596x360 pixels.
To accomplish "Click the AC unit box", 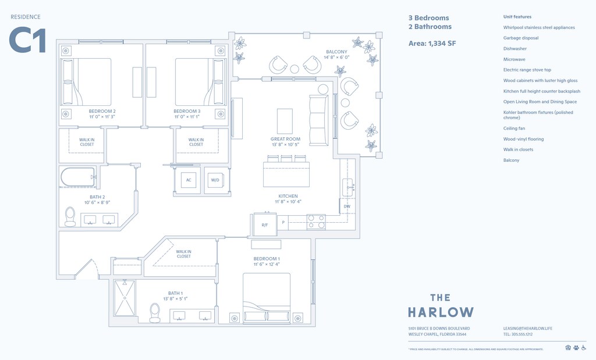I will (x=189, y=180).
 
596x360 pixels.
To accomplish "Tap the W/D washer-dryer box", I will (x=215, y=180).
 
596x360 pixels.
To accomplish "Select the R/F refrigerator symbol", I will (x=264, y=224).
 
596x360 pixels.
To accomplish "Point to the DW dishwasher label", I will (x=347, y=206).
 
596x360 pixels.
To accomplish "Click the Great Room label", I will (x=285, y=139).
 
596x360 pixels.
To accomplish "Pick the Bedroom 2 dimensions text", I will (x=102, y=117).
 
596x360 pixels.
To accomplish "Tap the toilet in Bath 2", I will (x=70, y=216).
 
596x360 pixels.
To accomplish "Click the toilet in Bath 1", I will (x=155, y=312).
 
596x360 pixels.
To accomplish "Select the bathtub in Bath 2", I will (x=77, y=177).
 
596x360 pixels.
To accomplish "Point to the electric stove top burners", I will (x=317, y=222).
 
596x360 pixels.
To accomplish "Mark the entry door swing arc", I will (x=88, y=269).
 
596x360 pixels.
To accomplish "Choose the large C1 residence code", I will (x=27, y=41).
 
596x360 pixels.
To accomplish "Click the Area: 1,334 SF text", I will (x=432, y=43).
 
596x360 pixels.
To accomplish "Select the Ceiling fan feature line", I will (x=514, y=129).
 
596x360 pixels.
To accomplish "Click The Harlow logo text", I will (x=441, y=305).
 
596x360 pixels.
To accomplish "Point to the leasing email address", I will (x=527, y=329).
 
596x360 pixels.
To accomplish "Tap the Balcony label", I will (x=336, y=52).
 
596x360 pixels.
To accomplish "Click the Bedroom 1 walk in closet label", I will (x=183, y=254).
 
